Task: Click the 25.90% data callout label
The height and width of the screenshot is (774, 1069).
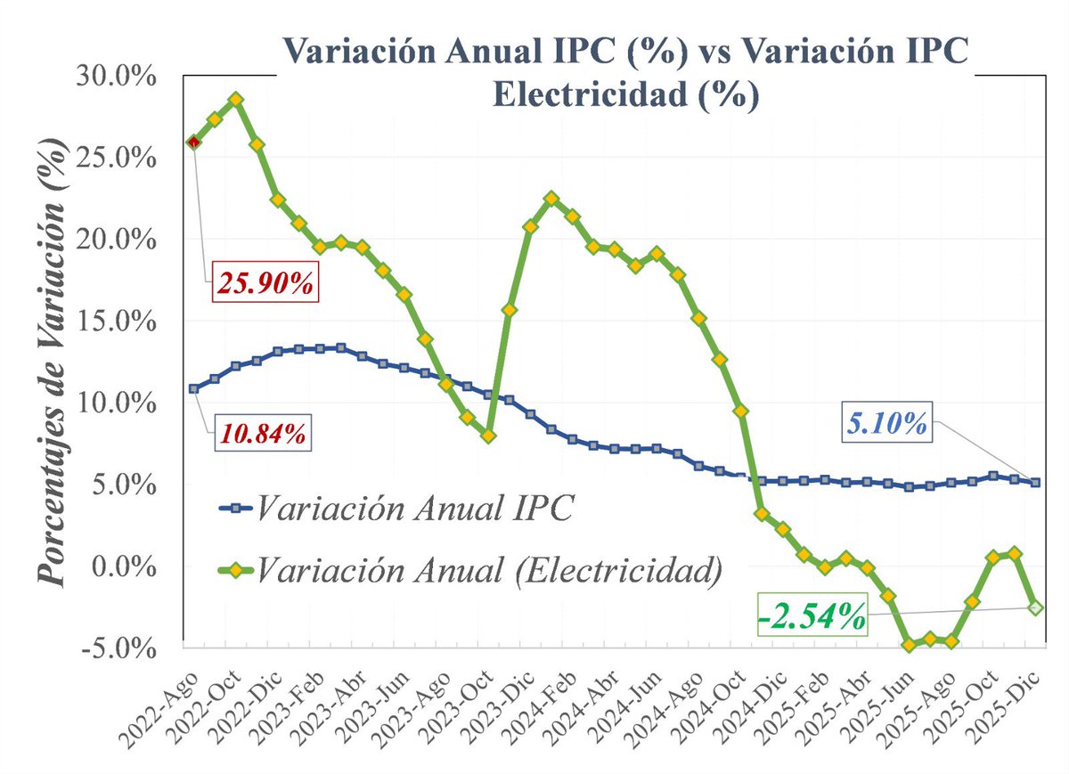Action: click(265, 285)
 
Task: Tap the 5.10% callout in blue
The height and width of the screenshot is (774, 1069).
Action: click(886, 423)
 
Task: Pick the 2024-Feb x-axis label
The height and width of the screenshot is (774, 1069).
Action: click(535, 704)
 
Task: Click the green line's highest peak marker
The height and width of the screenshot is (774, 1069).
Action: click(235, 100)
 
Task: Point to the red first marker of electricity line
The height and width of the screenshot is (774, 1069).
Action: click(193, 142)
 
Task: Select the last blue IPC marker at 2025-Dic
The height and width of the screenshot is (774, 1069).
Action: click(1035, 482)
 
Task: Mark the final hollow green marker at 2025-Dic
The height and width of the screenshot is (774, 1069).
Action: click(1035, 607)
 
